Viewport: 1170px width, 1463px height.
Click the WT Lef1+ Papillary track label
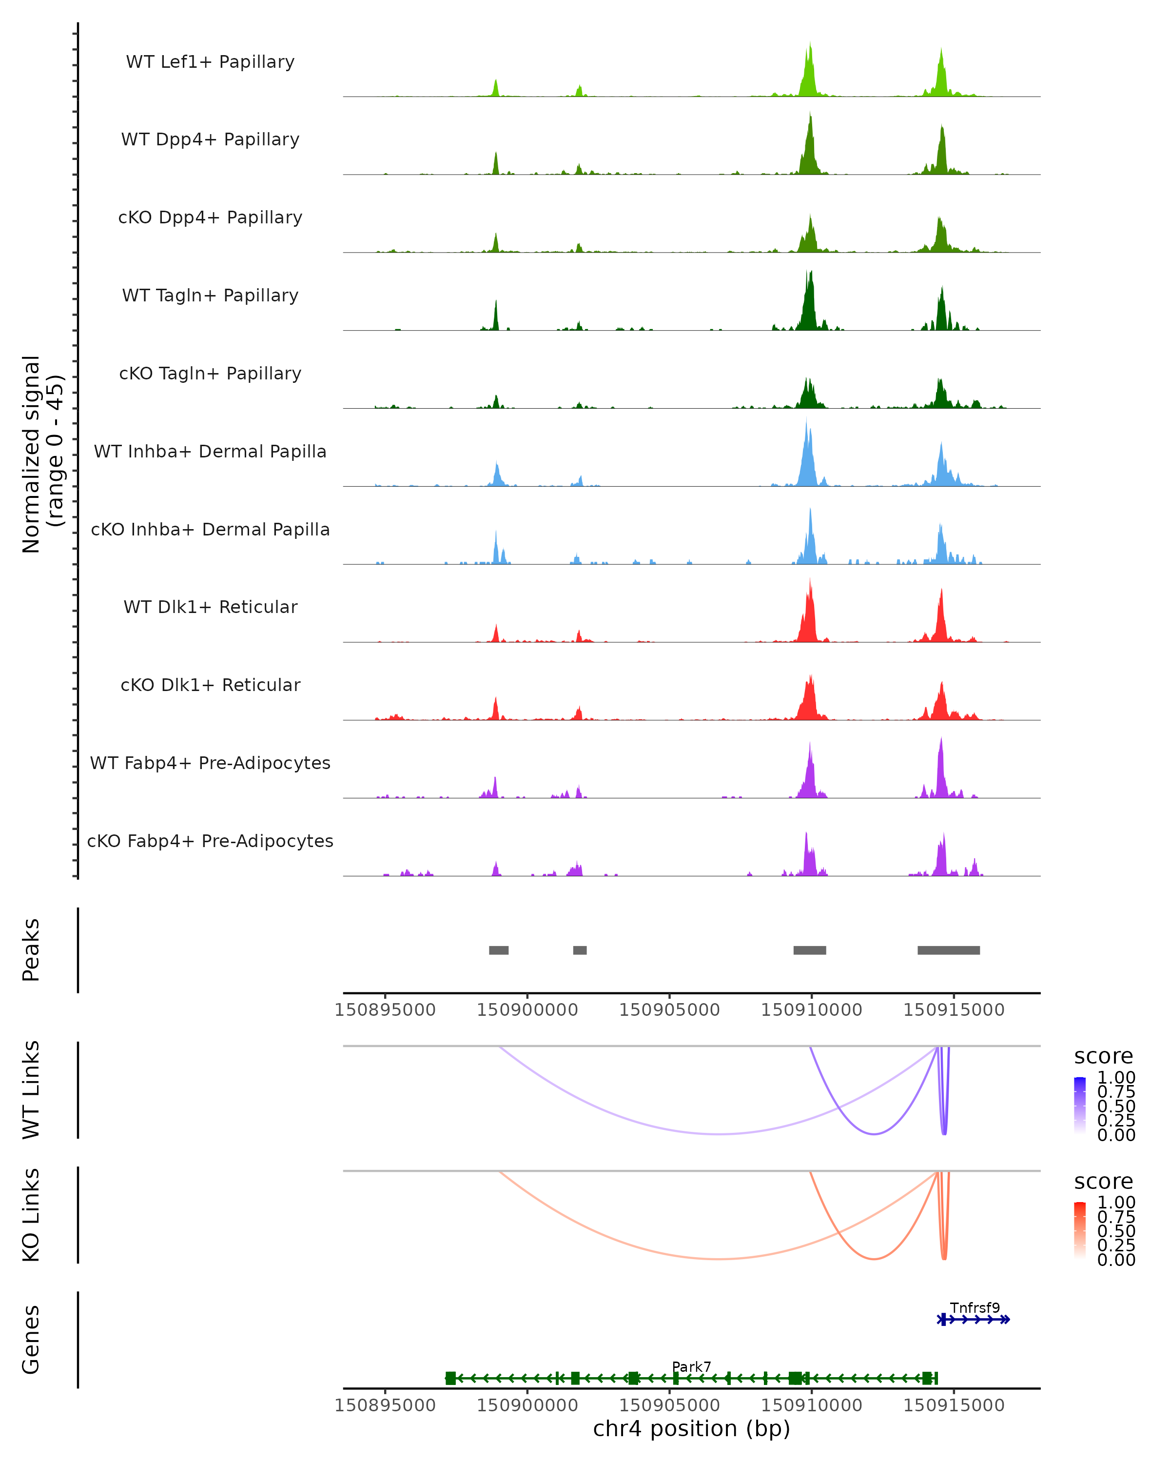(210, 62)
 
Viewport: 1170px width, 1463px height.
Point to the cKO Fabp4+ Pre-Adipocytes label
(210, 841)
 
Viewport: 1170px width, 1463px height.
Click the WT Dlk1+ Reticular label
(210, 607)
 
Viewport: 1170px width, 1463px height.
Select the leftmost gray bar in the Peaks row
(499, 950)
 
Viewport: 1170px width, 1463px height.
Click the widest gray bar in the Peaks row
(948, 950)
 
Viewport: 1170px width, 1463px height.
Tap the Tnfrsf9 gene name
(975, 1307)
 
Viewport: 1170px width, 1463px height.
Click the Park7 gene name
(691, 1366)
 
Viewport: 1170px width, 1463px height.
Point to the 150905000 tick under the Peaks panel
(669, 1010)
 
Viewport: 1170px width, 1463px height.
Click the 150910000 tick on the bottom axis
(811, 1404)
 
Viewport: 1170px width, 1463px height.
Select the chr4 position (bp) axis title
(691, 1428)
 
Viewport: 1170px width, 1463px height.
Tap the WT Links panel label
(31, 1090)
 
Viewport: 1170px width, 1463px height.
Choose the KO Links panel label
(31, 1215)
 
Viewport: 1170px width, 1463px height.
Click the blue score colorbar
(1080, 1105)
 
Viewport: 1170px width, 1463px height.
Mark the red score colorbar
(1080, 1229)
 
